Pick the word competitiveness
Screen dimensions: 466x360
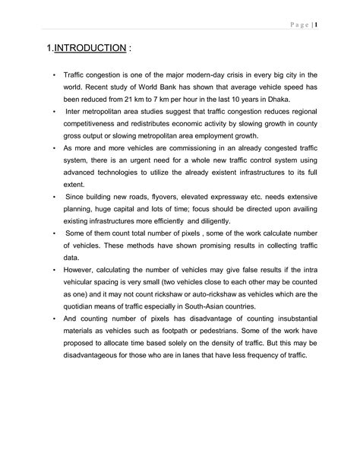point(96,124)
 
